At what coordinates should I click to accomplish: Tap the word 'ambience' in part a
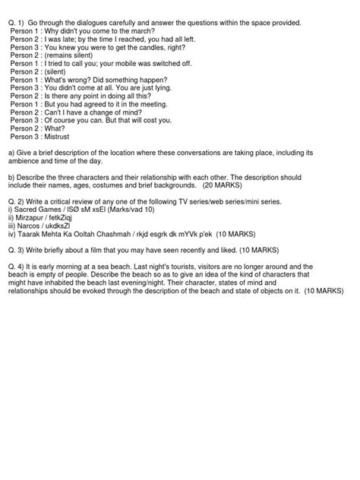click(26, 162)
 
